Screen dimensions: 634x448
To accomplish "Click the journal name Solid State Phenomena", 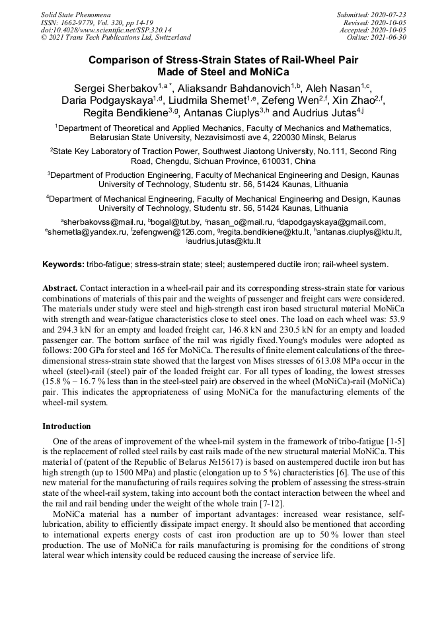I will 75,14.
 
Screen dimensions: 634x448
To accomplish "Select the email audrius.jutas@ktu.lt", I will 225,242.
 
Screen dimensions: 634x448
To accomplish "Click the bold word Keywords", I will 63,264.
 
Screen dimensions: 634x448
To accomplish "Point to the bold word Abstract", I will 59,289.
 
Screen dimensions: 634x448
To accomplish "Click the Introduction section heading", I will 66,426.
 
